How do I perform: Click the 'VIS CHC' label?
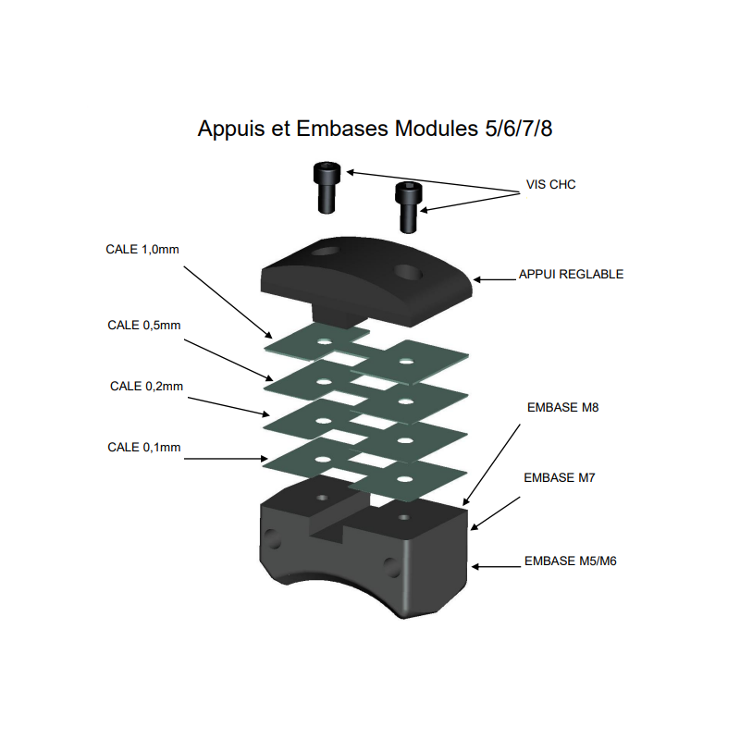coord(550,184)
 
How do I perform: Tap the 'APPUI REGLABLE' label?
coord(571,274)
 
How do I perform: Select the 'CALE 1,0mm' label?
coord(142,250)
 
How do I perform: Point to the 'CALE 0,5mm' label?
coord(144,326)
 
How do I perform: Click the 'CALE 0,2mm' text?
coord(146,387)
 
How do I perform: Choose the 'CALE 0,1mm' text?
coord(144,448)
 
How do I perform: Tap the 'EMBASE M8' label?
coord(562,408)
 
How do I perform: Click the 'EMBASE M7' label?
coord(560,478)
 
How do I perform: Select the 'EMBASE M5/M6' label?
coord(571,561)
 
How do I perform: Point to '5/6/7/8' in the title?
coord(519,129)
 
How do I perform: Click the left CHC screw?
coord(327,188)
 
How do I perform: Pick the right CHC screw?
coord(408,207)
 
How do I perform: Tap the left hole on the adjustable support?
coord(326,251)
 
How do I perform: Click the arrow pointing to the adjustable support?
coord(494,280)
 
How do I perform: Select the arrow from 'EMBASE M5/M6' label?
coord(496,566)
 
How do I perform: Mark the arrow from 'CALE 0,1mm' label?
coord(226,458)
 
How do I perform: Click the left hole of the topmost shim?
coord(325,341)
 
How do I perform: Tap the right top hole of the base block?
coord(404,518)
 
